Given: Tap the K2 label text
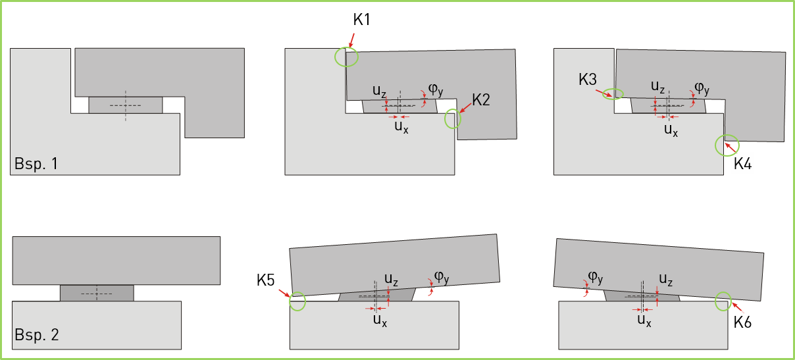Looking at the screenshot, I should (481, 101).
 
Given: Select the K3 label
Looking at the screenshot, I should (588, 80).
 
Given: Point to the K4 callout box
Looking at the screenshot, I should (743, 164).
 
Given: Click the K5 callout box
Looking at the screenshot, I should (265, 281).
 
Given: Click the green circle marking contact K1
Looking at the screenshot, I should (347, 57).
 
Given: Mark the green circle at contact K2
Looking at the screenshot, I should (453, 118).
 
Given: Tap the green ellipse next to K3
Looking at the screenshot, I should (613, 93).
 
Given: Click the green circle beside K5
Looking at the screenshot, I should (297, 301).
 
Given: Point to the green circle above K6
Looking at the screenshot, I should (724, 301).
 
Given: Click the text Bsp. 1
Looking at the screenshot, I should (36, 164).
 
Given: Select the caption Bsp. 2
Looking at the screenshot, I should (37, 334).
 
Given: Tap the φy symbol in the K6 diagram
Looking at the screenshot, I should (596, 277).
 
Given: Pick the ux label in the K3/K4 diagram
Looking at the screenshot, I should (671, 129).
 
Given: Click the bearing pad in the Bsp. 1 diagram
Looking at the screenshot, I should (126, 105).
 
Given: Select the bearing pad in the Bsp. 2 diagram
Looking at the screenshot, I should (97, 293).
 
